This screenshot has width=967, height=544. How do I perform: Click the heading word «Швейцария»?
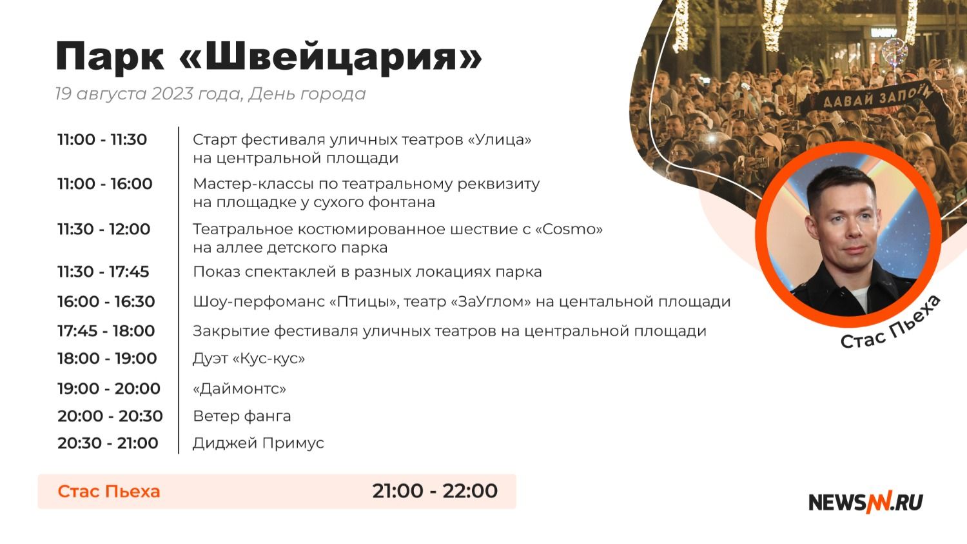[330, 57]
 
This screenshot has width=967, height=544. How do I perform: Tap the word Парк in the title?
[110, 57]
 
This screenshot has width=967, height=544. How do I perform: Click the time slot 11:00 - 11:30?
[103, 139]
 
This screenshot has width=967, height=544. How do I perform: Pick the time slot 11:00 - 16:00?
[105, 184]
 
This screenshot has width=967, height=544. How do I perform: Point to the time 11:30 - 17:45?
[103, 272]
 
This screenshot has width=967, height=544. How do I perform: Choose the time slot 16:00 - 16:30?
[106, 301]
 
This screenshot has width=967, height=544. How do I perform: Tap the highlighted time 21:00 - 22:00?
[435, 491]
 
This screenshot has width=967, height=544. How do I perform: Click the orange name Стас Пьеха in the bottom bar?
[109, 492]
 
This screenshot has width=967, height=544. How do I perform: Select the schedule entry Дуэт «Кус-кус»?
[249, 359]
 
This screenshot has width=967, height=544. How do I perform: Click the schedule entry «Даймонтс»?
[240, 389]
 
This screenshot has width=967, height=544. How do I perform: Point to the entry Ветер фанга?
[242, 416]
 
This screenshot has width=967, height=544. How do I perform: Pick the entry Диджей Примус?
[258, 443]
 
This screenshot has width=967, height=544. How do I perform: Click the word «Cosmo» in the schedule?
[569, 229]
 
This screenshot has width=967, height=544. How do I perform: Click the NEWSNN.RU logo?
[866, 503]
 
